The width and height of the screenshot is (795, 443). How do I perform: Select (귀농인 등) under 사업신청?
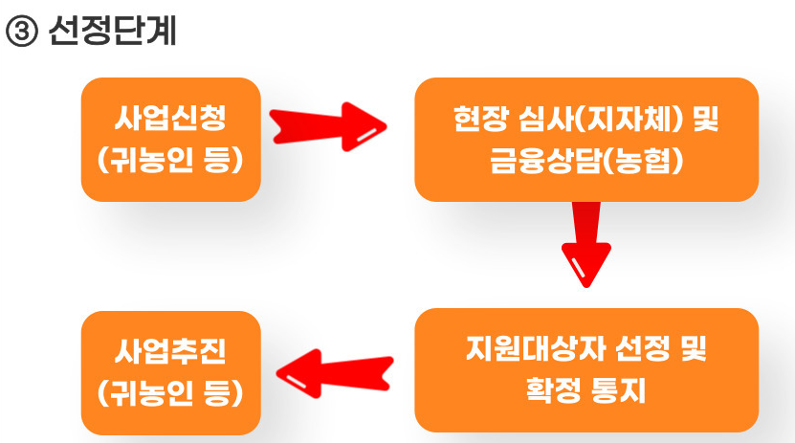171,159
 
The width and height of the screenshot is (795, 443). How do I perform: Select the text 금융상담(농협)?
585,160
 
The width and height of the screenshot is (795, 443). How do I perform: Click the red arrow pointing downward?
583,242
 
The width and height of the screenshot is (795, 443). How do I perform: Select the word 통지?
624,390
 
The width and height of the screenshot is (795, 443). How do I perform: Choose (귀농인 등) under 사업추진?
171,392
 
